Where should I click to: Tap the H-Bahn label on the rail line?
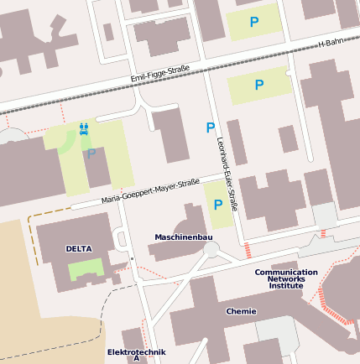331,43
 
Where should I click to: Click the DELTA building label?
78,249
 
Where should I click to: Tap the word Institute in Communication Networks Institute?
286,286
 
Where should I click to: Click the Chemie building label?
241,311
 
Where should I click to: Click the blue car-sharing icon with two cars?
84,129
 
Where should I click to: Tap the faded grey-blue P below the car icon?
91,153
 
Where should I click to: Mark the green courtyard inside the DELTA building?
86,270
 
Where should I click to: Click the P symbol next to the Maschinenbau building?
218,205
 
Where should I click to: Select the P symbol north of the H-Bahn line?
254,23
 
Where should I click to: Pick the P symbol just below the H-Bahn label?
258,85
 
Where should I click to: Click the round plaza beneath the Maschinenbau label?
211,250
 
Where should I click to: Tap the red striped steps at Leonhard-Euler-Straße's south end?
248,249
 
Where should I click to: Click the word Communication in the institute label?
286,272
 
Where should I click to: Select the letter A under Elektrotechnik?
136,359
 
